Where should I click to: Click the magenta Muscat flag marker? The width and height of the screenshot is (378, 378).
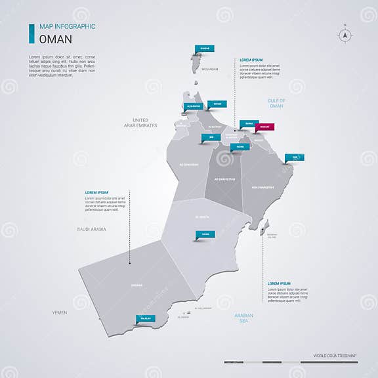click(x=265, y=127)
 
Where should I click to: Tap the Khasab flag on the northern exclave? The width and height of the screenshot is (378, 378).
click(x=204, y=48)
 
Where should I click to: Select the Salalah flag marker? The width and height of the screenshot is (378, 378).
click(x=145, y=318)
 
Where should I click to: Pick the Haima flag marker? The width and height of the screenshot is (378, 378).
click(x=205, y=234)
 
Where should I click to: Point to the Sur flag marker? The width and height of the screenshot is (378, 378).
click(x=294, y=157)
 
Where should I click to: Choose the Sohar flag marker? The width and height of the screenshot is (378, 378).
click(x=216, y=104)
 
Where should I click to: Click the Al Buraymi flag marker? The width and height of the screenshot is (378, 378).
click(x=193, y=106)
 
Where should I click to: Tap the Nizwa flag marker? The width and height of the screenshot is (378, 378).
click(x=239, y=147)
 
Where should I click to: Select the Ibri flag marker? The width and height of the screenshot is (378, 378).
click(x=211, y=138)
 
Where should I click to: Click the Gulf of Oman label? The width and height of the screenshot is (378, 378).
click(x=276, y=103)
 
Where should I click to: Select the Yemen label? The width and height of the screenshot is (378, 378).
click(x=60, y=313)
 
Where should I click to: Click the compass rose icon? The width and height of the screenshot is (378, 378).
click(x=345, y=35)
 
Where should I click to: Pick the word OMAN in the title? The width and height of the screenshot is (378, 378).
click(x=56, y=39)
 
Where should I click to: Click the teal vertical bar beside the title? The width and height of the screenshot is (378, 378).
click(x=31, y=33)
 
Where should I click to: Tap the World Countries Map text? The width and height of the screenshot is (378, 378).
click(x=335, y=356)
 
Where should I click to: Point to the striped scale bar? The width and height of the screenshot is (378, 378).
click(x=272, y=362)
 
